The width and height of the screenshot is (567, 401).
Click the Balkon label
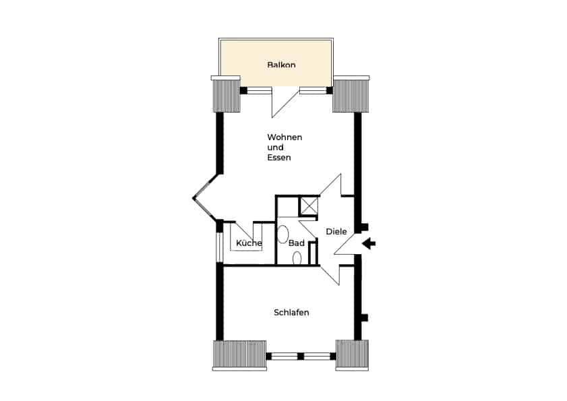(x=281, y=65)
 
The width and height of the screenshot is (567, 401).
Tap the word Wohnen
(x=285, y=137)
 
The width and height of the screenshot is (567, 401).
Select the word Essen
(x=279, y=158)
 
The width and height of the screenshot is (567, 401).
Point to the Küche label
(x=249, y=243)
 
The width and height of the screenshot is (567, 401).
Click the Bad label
(x=296, y=243)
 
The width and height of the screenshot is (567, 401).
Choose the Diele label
(x=336, y=231)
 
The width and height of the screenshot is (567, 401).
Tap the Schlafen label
(x=291, y=313)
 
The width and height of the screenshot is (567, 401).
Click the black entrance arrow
(x=369, y=244)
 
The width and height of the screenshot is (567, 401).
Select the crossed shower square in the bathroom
(x=309, y=206)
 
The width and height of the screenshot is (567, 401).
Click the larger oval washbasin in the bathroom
(x=282, y=235)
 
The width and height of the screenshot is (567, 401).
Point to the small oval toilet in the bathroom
(x=297, y=258)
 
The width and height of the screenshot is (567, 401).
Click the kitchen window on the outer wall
(x=220, y=247)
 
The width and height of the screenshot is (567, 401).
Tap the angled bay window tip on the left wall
(x=193, y=197)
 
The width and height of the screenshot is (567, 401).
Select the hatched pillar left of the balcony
(x=227, y=96)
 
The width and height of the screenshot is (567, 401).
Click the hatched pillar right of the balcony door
(x=351, y=96)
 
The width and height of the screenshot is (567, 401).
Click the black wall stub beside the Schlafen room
(x=365, y=317)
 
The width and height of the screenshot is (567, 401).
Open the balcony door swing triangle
(x=285, y=102)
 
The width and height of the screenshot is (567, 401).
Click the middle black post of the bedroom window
(x=301, y=356)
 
